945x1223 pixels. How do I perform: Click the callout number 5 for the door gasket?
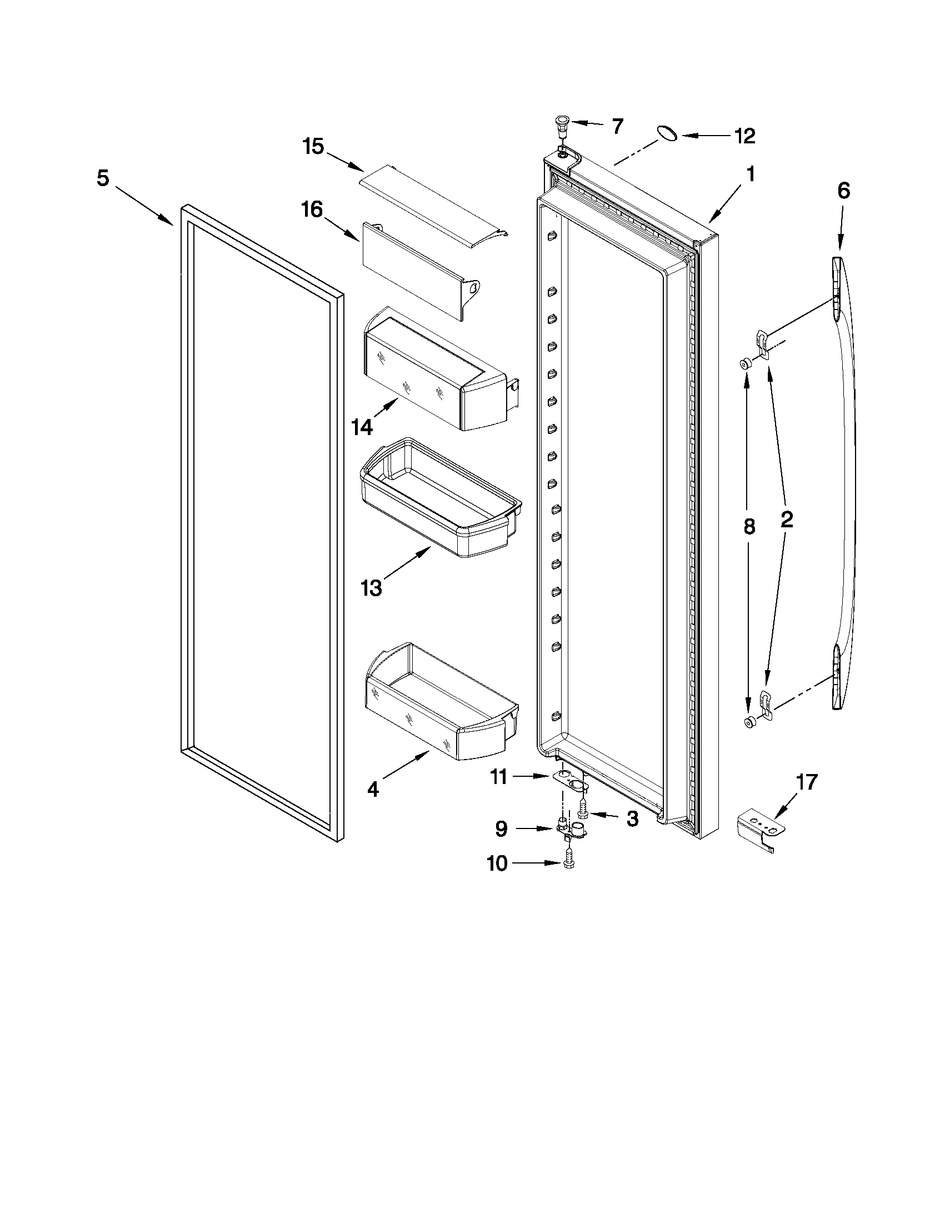(102, 178)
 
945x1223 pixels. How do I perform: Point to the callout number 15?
(313, 147)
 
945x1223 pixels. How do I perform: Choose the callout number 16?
(312, 209)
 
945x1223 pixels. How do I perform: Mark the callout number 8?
(749, 527)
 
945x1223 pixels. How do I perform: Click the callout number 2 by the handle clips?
(786, 520)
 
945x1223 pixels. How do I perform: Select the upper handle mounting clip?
(761, 339)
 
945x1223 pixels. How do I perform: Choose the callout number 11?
(498, 777)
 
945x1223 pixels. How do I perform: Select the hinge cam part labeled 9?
(571, 829)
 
